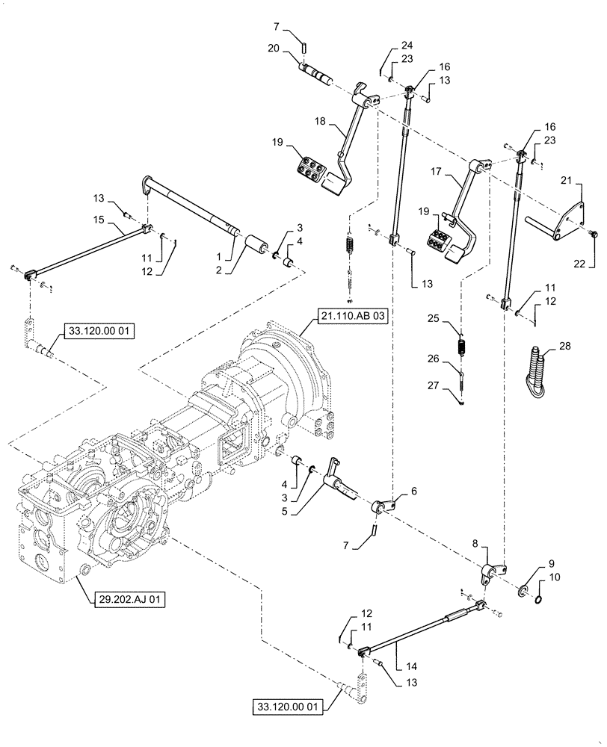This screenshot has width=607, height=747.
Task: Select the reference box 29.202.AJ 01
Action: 122,599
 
